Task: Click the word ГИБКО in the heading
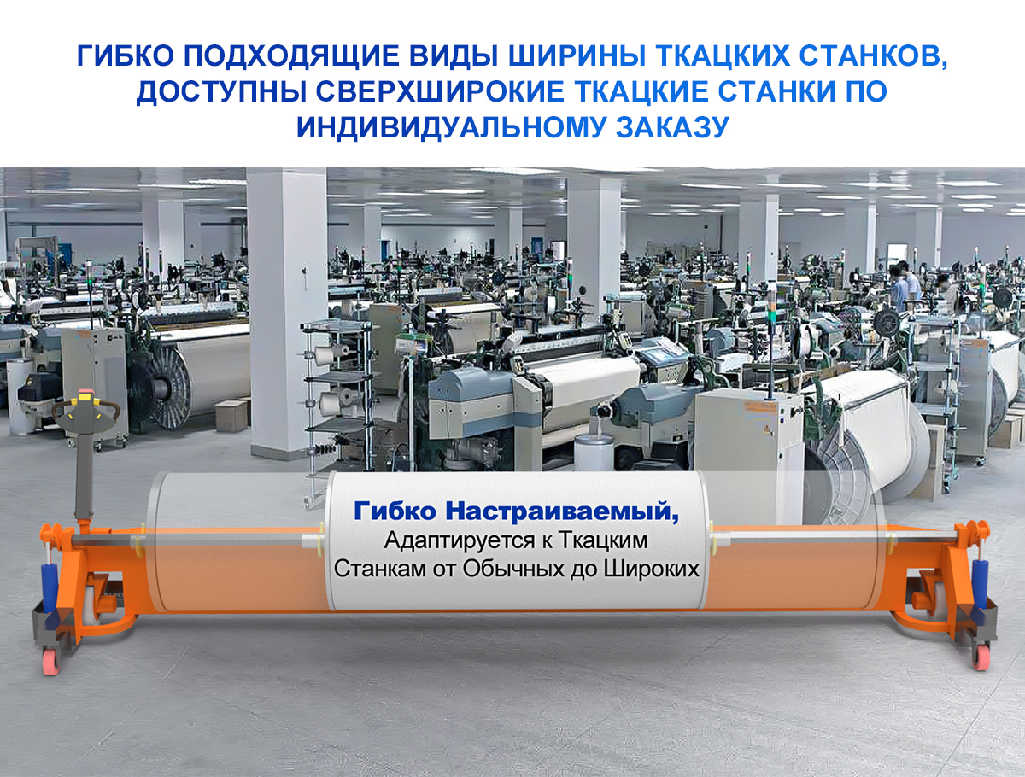[125, 56]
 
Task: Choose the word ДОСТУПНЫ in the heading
[221, 92]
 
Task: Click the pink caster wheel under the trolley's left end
[50, 663]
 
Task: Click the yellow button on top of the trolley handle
[85, 398]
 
